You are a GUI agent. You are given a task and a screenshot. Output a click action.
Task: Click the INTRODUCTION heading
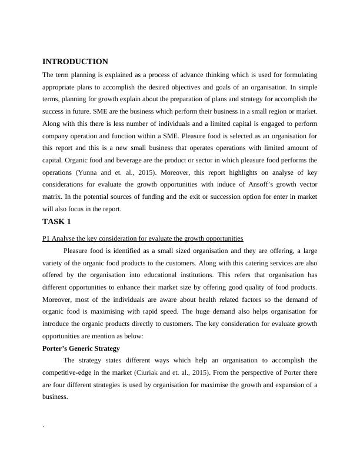[x=75, y=62]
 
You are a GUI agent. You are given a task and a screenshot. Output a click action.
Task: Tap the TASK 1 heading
[x=57, y=222]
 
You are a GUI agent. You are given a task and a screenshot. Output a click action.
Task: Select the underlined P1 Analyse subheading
[x=143, y=238]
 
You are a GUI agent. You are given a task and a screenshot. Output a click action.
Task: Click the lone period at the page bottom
[x=44, y=425]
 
